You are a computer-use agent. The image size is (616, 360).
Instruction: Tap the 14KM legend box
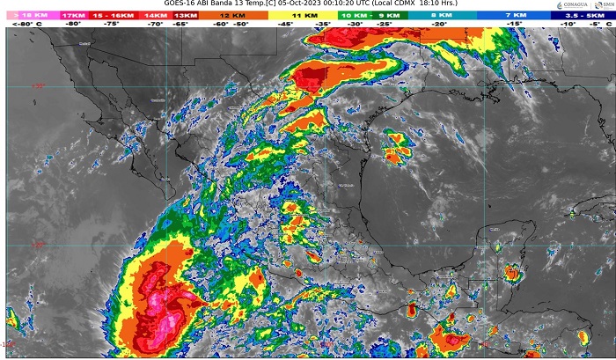pos(155,16)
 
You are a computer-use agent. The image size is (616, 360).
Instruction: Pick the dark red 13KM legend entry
pos(187,16)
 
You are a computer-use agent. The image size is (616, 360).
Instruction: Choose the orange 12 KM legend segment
pos(234,16)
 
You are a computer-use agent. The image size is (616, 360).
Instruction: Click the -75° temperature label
pos(113,26)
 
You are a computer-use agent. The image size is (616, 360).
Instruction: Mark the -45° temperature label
pos(286,26)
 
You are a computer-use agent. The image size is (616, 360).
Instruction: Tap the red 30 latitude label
pos(39,85)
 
